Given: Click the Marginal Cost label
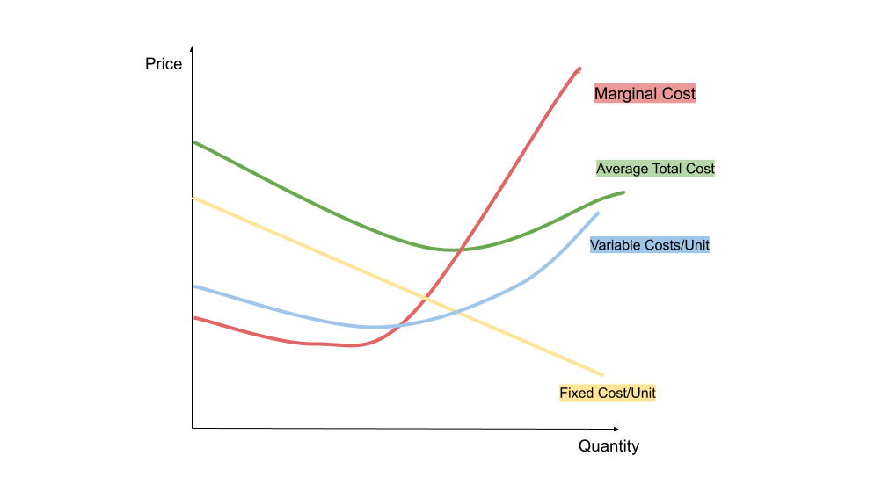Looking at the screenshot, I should coord(645,93).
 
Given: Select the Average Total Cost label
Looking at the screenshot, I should coord(655,168).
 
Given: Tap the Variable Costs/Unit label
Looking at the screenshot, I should coord(649,245).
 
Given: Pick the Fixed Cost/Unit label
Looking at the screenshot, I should coord(608,393).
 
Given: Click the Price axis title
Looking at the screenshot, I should coord(164,64).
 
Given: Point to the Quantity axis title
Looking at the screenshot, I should coord(609,446).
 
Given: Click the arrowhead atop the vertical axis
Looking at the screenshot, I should coord(192,48).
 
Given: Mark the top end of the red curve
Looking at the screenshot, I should coord(580,68).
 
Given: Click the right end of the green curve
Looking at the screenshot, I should coord(623,192).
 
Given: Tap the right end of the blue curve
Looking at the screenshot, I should coord(598,213).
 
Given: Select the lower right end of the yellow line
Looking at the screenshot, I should coord(603,375).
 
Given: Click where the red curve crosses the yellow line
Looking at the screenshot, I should coord(426,297).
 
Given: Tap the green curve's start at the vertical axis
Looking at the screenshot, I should coord(193,141).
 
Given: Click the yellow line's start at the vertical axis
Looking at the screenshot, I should coord(193,198).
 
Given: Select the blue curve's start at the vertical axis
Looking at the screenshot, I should coord(193,286).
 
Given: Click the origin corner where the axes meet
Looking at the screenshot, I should coord(192,428).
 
